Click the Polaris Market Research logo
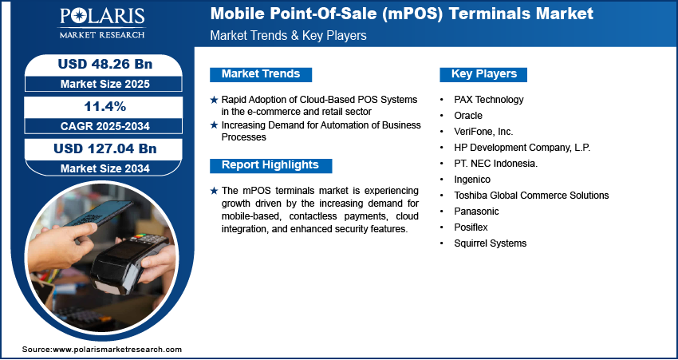point(102,23)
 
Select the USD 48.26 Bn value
point(105,64)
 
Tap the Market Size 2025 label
point(105,84)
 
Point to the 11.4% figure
point(104,106)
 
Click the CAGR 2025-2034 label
point(105,126)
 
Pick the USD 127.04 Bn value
point(105,148)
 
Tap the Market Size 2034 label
point(105,168)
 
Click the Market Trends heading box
point(261,74)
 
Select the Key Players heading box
point(483,74)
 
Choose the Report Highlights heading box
point(270,165)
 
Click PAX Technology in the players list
point(489,100)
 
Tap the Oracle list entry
point(468,116)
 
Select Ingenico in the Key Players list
point(472,180)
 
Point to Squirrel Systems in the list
point(491,243)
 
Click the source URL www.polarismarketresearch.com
point(117,350)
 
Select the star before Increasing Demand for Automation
point(214,125)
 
